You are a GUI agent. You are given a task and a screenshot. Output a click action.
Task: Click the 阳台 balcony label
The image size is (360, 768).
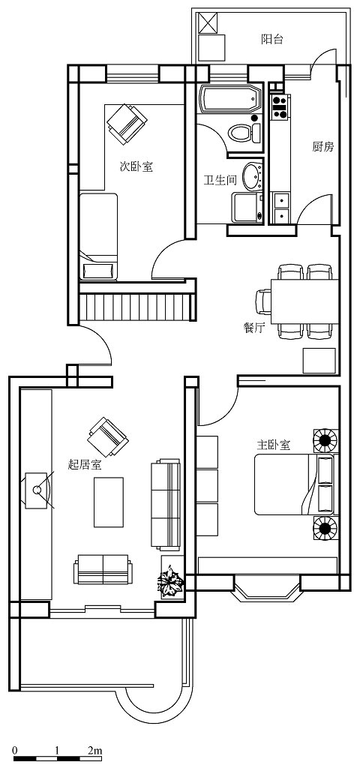(x=271, y=40)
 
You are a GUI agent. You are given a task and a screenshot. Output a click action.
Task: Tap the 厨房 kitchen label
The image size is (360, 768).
(x=322, y=146)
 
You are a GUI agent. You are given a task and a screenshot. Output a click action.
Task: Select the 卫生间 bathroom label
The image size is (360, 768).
(x=220, y=181)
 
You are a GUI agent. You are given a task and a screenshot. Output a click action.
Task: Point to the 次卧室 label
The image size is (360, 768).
(x=136, y=166)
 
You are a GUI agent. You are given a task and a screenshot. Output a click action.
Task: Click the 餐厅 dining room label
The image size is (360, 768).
(x=253, y=328)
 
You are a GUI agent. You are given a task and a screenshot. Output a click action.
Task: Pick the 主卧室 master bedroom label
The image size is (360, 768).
(x=274, y=445)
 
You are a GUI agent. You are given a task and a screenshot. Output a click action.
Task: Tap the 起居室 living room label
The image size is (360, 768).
(x=85, y=464)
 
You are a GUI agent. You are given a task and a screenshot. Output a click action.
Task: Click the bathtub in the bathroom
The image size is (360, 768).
(x=230, y=100)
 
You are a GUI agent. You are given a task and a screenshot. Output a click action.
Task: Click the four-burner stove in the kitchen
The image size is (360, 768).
(x=280, y=106)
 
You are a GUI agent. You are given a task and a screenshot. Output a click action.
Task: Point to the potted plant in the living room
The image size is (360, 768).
(x=170, y=581)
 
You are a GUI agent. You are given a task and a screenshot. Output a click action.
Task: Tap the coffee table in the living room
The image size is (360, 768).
(x=109, y=502)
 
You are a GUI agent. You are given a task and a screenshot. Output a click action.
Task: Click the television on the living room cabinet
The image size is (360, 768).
(x=38, y=490)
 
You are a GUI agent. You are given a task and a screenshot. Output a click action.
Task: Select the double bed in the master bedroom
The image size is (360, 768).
(x=294, y=484)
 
